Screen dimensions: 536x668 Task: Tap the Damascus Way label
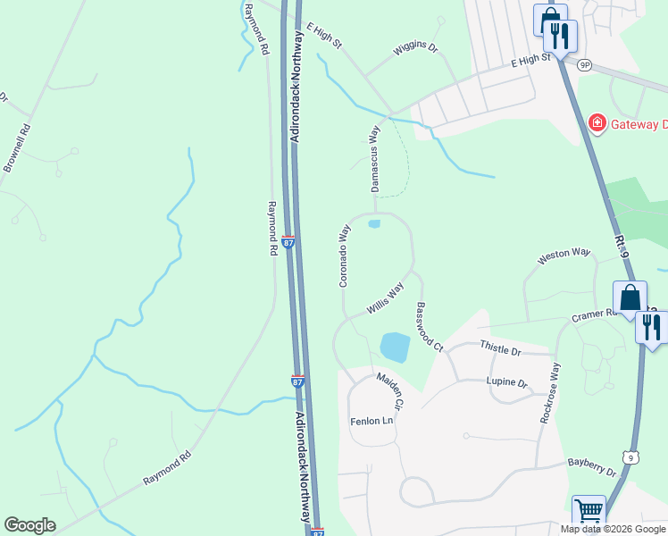[376, 158]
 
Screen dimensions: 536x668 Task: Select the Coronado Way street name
[343, 255]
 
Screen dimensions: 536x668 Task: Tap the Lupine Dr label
[507, 382]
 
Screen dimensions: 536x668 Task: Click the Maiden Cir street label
[391, 391]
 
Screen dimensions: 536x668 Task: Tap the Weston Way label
[564, 256]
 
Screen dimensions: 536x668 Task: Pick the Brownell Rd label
[17, 147]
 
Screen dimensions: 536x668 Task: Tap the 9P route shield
[585, 65]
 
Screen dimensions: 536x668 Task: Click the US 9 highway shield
[632, 457]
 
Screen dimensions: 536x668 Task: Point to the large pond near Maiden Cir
[395, 347]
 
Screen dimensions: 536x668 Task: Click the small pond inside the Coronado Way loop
[374, 223]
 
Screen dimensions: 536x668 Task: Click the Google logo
[29, 525]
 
